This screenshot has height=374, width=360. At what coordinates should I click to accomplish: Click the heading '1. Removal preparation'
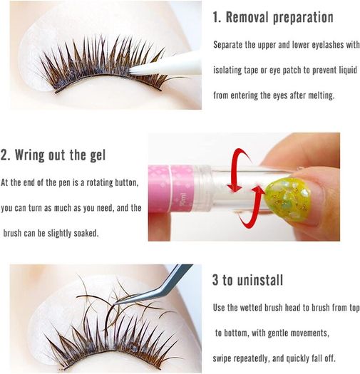(273, 17)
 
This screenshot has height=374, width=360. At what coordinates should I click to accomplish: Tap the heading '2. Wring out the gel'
(53, 155)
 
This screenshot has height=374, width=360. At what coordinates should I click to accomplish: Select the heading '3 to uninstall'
(248, 280)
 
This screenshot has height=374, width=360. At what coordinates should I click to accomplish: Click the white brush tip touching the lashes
(138, 71)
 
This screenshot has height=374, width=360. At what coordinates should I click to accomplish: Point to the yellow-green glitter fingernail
(288, 199)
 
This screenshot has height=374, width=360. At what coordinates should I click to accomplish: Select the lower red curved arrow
(251, 207)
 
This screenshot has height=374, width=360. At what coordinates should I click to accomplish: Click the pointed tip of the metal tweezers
(114, 303)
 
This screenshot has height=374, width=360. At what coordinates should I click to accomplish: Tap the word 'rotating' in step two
(100, 182)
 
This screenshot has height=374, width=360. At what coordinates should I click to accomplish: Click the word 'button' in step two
(126, 182)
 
